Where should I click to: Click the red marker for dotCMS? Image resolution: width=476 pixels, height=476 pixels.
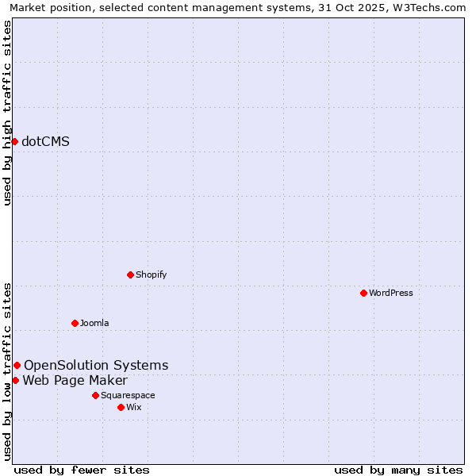point(14,141)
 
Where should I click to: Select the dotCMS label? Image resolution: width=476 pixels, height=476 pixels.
point(45,142)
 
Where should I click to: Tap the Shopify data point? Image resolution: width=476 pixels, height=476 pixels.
point(131,274)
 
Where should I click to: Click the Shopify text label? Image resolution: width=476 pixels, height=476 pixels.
point(151,274)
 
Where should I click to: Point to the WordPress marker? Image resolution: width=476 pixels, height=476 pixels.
point(363,293)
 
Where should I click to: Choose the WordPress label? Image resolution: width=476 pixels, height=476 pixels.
point(390,293)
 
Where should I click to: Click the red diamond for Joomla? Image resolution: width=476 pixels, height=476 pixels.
point(75,323)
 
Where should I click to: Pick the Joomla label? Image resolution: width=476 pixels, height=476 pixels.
point(94,323)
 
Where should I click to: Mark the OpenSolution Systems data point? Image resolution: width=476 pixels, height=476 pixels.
point(17,365)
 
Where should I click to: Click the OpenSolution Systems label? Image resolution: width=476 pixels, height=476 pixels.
point(96,366)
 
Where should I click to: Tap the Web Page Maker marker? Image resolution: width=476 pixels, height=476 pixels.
point(15,380)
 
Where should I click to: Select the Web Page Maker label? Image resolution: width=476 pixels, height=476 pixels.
point(75,381)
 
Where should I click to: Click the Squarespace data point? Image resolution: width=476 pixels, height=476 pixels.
point(95,395)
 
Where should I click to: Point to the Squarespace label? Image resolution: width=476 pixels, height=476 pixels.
point(128,395)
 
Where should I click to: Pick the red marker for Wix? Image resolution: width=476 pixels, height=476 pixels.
point(121,407)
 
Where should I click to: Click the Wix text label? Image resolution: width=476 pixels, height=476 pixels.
point(134,407)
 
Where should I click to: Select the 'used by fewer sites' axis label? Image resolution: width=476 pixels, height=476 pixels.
point(82,470)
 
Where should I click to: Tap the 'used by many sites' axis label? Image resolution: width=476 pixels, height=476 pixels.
point(398,470)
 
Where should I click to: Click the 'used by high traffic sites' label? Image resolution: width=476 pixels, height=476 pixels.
point(8,113)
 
